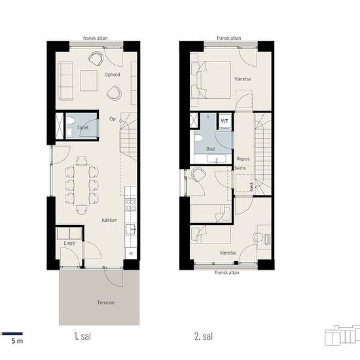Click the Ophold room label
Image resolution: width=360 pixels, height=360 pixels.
click(x=112, y=75)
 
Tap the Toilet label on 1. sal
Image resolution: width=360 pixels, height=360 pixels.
click(x=82, y=128)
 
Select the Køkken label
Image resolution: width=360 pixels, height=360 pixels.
click(x=109, y=220)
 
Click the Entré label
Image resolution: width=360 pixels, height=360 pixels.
click(x=69, y=243)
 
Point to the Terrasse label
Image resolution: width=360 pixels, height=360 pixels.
click(x=106, y=302)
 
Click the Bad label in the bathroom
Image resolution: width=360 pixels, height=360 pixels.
click(x=210, y=149)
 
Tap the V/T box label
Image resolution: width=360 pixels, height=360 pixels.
click(x=225, y=121)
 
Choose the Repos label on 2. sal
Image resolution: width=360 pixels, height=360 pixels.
click(x=243, y=159)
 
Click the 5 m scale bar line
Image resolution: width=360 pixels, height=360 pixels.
click(x=12, y=334)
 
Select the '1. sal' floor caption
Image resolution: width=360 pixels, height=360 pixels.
click(x=82, y=336)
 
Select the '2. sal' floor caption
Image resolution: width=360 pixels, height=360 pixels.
click(x=204, y=336)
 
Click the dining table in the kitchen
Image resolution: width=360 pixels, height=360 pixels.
click(x=82, y=185)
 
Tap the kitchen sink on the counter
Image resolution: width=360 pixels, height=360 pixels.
click(x=131, y=229)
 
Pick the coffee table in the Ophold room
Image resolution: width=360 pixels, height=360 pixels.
click(x=89, y=81)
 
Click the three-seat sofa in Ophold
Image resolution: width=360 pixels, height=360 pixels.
click(x=65, y=81)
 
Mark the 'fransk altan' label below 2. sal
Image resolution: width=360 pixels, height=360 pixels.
click(x=227, y=272)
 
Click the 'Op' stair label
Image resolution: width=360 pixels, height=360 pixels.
click(x=113, y=119)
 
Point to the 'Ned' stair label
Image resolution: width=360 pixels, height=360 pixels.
click(x=251, y=187)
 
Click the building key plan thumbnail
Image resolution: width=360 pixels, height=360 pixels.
click(x=342, y=335)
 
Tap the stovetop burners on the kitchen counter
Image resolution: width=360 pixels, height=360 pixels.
click(x=131, y=205)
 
